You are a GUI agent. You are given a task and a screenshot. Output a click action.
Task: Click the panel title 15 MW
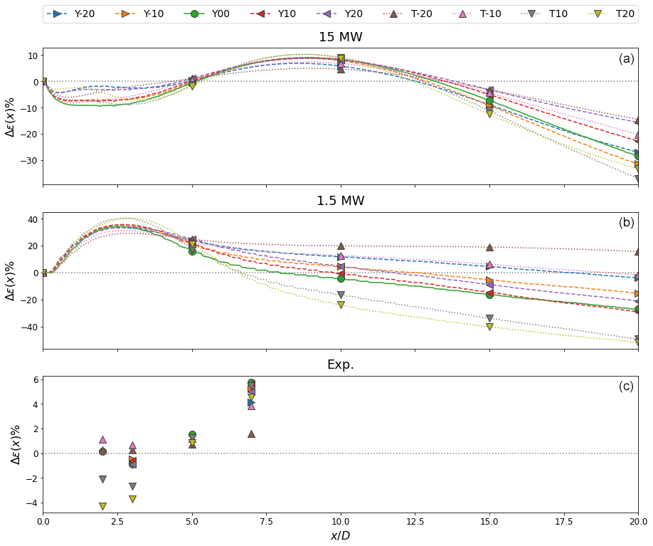pos(340,37)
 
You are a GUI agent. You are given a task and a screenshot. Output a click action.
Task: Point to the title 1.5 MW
pos(340,201)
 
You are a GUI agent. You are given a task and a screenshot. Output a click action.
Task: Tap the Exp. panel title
pos(340,364)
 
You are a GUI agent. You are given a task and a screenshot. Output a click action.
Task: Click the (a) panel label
pos(626,58)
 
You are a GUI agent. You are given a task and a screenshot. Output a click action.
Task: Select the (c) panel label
pos(626,387)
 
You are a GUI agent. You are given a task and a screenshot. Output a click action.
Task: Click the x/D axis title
pos(340,535)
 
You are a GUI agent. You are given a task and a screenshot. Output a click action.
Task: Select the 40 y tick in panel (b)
pos(31,219)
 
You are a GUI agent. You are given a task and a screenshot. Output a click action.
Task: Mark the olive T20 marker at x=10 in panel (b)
pos(341,305)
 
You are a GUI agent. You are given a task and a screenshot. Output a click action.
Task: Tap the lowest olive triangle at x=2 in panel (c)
pos(102,506)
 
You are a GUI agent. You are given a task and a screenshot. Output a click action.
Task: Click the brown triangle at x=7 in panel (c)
pos(251,434)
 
